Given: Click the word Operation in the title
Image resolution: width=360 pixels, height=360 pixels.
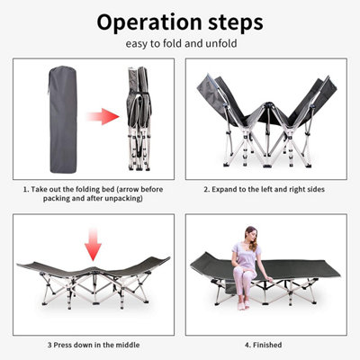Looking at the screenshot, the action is click(x=149, y=22).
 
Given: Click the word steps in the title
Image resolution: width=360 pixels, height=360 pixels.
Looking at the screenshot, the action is click(x=236, y=23).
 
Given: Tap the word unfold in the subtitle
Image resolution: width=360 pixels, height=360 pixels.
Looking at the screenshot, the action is click(x=221, y=43).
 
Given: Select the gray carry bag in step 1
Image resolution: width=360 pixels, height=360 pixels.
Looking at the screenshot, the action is click(x=63, y=120).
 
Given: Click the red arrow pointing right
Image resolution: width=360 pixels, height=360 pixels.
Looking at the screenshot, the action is click(x=103, y=116).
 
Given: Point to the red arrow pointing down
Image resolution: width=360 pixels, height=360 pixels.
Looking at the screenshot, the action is click(x=93, y=244).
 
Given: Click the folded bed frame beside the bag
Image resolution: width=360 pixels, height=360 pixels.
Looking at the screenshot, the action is click(x=139, y=119).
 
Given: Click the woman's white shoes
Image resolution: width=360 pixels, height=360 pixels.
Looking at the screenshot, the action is click(x=243, y=305).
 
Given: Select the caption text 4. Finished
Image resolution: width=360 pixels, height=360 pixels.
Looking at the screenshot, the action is click(x=263, y=345).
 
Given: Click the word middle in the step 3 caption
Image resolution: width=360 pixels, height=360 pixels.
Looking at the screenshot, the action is click(x=128, y=345).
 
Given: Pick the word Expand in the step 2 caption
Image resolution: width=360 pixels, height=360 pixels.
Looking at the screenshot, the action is click(x=224, y=190).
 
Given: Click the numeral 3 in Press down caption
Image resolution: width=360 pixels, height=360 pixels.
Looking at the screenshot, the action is click(x=49, y=345).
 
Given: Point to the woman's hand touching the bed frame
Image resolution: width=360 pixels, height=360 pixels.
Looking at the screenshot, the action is click(x=270, y=280).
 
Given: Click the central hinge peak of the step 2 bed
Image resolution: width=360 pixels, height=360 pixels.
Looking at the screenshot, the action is click(x=267, y=105).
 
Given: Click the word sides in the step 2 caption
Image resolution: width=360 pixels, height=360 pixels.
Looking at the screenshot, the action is click(x=316, y=190).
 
